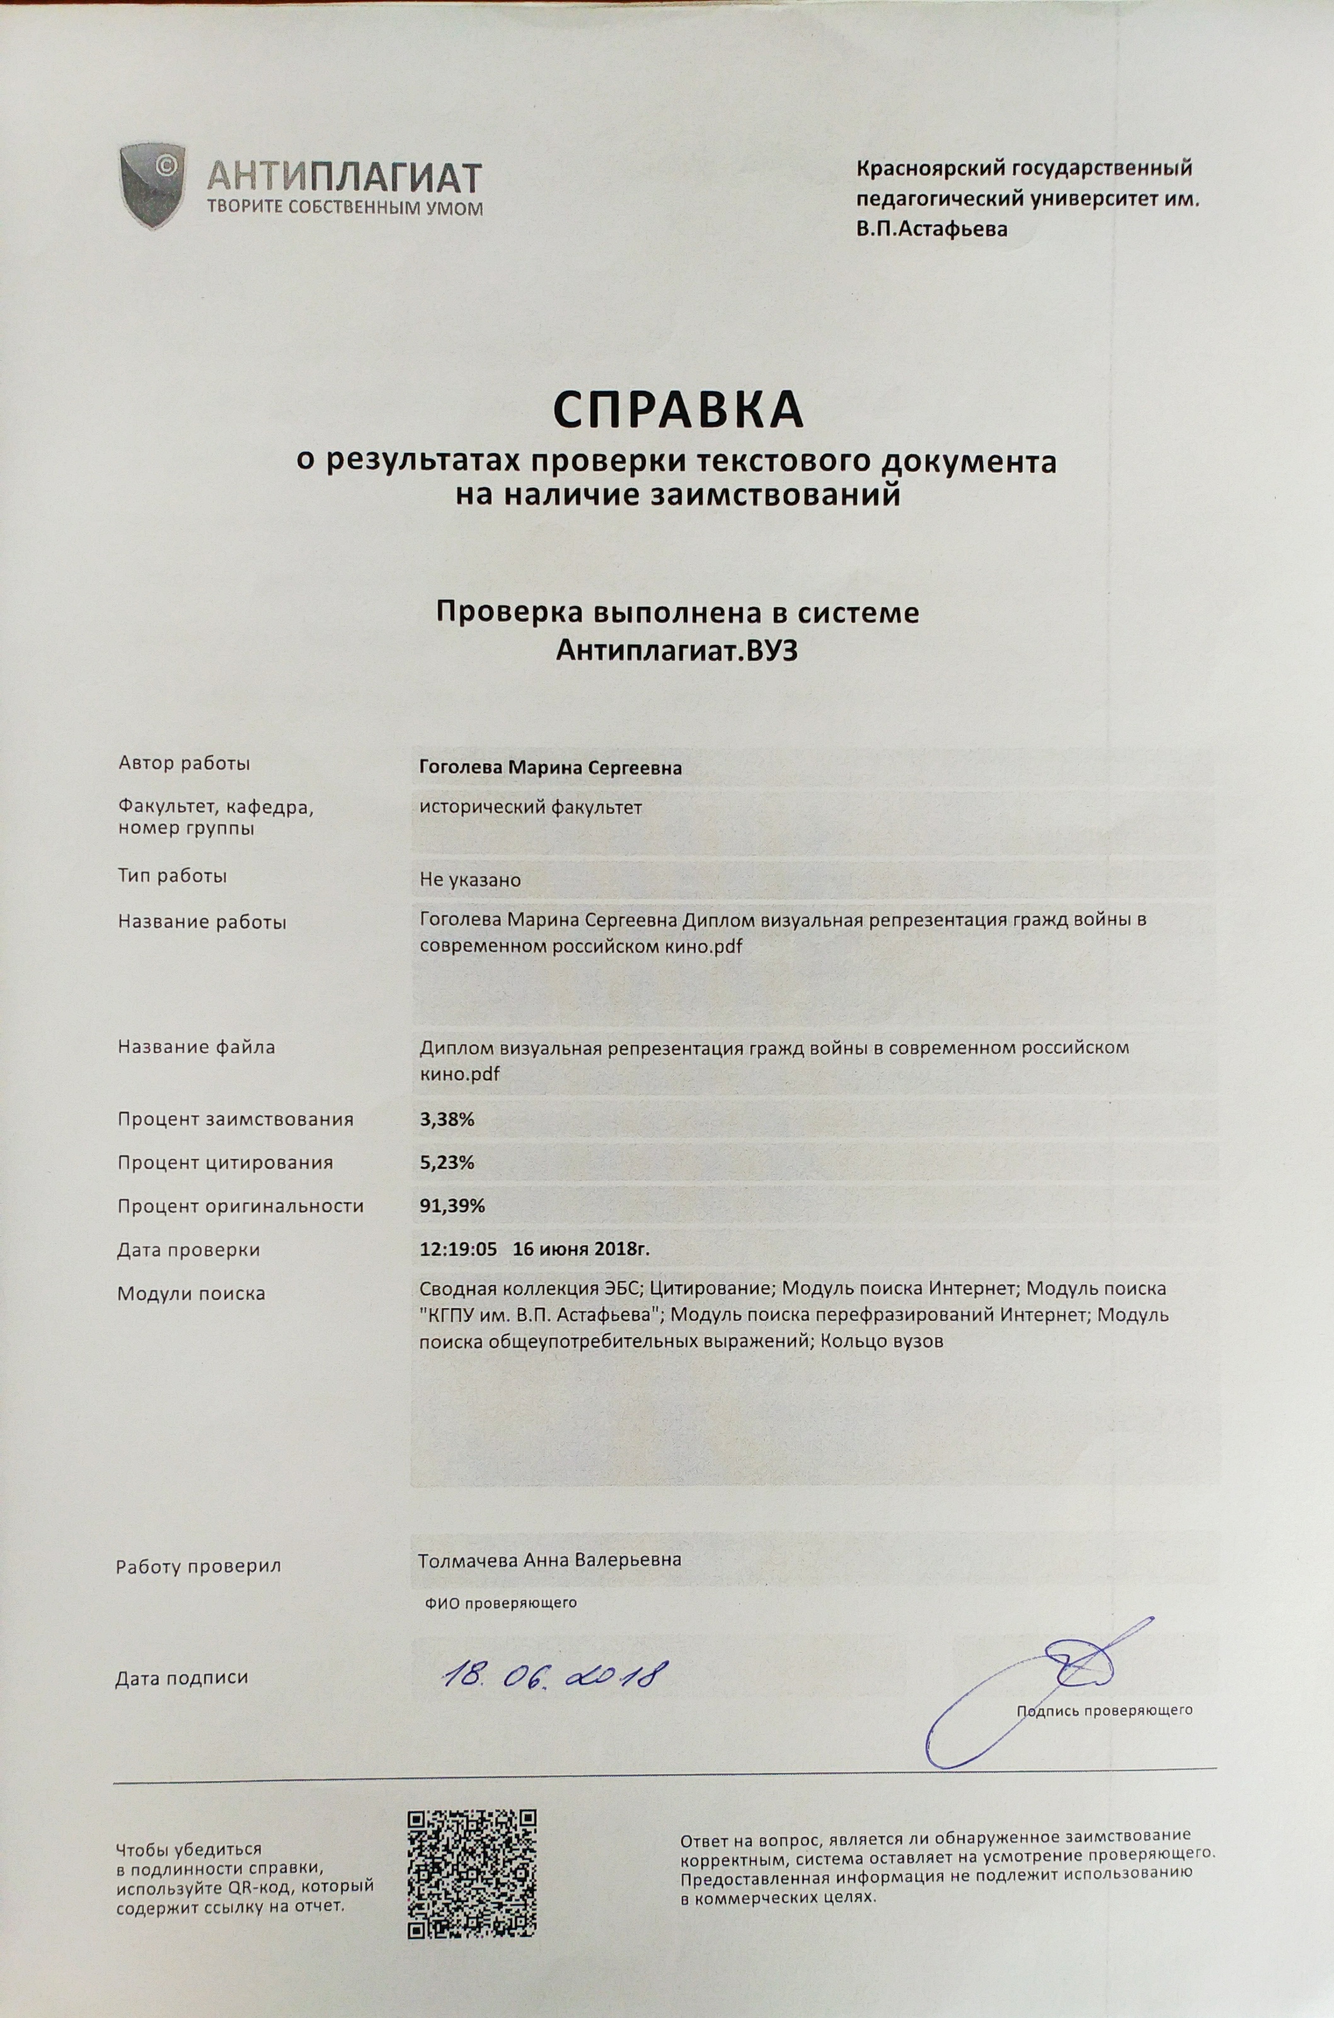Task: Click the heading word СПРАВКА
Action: [678, 410]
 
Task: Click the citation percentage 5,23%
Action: [447, 1163]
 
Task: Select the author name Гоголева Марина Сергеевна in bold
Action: [551, 768]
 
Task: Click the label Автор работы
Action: [184, 763]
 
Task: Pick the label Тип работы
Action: [173, 876]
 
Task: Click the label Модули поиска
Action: [192, 1294]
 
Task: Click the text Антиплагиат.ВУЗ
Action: [678, 651]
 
